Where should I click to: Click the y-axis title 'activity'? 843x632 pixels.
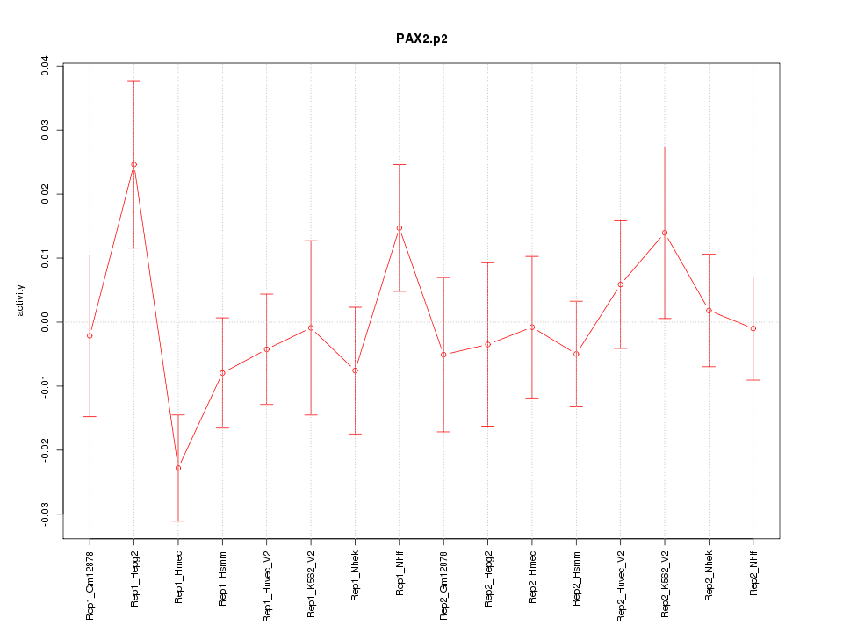[x=21, y=300]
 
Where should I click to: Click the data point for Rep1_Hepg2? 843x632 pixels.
[x=133, y=164]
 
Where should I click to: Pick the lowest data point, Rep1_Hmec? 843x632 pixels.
[x=178, y=468]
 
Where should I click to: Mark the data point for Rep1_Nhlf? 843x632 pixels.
[x=400, y=227]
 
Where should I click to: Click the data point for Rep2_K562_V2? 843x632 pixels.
[x=665, y=233]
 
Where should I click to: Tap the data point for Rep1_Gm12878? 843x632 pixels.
[x=90, y=335]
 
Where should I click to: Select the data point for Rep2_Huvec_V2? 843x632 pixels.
[x=620, y=284]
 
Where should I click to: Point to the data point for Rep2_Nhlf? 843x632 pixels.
[x=753, y=328]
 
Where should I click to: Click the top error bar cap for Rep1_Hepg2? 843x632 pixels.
[x=133, y=81]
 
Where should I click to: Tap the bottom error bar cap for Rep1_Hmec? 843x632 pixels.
[x=178, y=521]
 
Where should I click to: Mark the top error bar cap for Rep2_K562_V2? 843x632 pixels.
[x=665, y=147]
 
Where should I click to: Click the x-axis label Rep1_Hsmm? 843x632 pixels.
[x=223, y=576]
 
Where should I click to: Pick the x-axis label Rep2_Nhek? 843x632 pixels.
[x=709, y=575]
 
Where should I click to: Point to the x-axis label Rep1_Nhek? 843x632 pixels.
[x=356, y=575]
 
